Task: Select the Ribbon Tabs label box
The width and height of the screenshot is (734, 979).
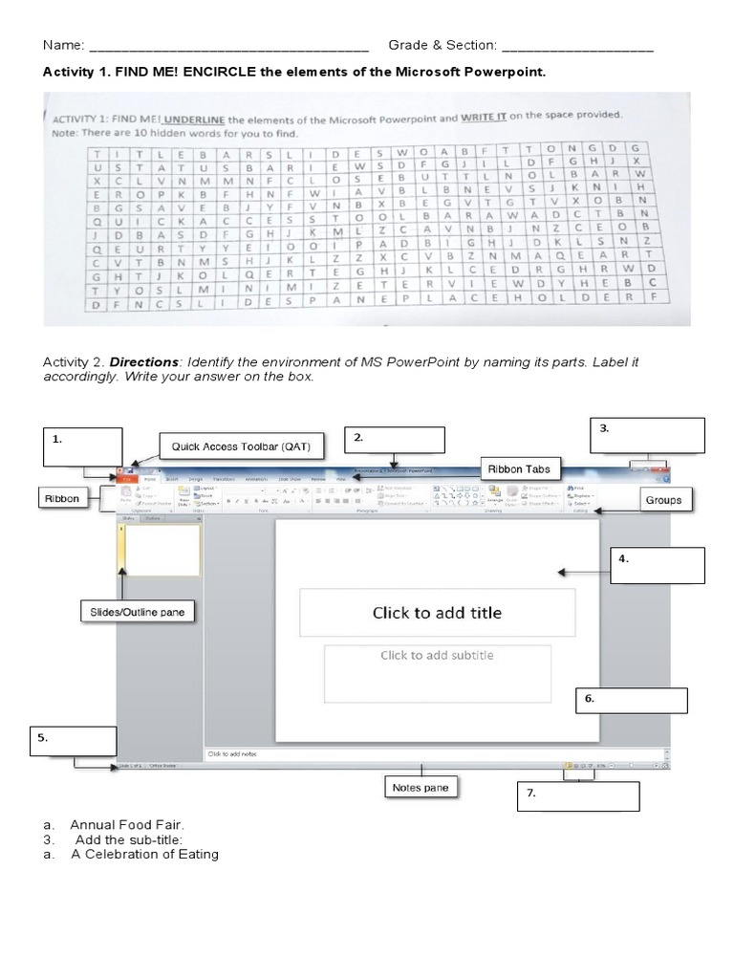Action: (520, 468)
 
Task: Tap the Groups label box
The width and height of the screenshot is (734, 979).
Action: (662, 500)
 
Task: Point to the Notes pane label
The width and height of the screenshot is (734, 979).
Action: (421, 788)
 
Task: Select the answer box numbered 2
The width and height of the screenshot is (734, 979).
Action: (397, 440)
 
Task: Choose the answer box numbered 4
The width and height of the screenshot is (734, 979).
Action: (658, 565)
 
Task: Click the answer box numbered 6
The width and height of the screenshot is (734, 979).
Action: (631, 700)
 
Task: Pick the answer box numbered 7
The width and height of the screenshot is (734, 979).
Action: (578, 796)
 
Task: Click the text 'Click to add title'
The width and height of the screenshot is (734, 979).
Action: (437, 613)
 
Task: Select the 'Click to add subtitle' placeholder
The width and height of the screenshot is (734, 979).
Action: (437, 656)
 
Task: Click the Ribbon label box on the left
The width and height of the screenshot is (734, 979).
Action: (66, 498)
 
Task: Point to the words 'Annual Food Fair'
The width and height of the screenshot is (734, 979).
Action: (126, 824)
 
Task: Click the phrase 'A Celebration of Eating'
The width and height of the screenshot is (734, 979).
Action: (144, 854)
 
